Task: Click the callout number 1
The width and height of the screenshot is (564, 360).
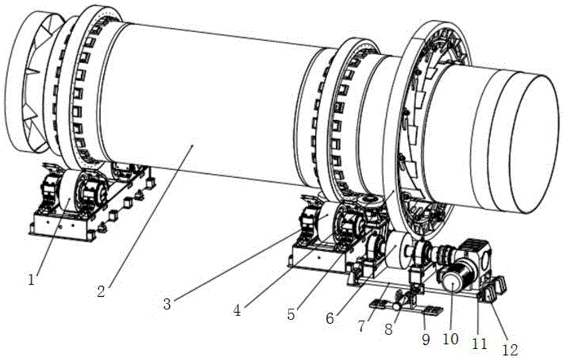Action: coord(33,278)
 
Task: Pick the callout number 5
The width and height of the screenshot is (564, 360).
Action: coord(290,315)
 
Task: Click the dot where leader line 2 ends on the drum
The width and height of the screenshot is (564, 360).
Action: coord(192,146)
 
